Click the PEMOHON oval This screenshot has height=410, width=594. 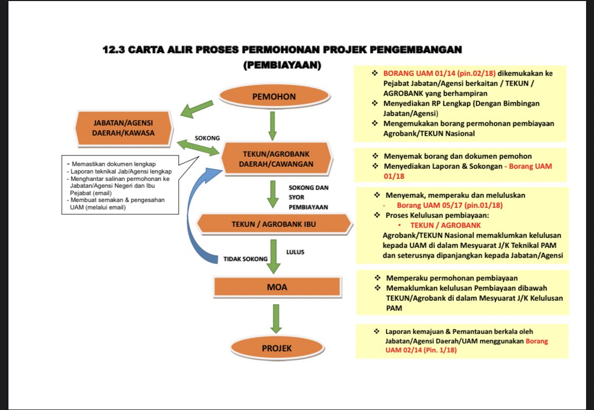[x=273, y=97]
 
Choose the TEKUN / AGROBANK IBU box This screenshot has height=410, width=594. [x=274, y=224]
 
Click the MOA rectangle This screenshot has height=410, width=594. [x=277, y=287]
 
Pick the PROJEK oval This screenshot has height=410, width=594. [x=276, y=348]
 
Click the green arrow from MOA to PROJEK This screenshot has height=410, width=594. [x=275, y=319]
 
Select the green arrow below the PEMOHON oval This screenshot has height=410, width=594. [x=273, y=125]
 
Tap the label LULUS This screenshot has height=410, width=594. [x=295, y=252]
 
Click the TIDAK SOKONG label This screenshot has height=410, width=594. [x=245, y=259]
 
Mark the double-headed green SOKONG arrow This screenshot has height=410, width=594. [x=199, y=147]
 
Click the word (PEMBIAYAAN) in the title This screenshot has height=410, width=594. [x=283, y=65]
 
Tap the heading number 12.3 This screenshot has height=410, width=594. [x=114, y=50]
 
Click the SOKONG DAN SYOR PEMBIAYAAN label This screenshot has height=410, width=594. [x=308, y=197]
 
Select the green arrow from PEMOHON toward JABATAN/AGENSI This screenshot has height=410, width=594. [x=197, y=108]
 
